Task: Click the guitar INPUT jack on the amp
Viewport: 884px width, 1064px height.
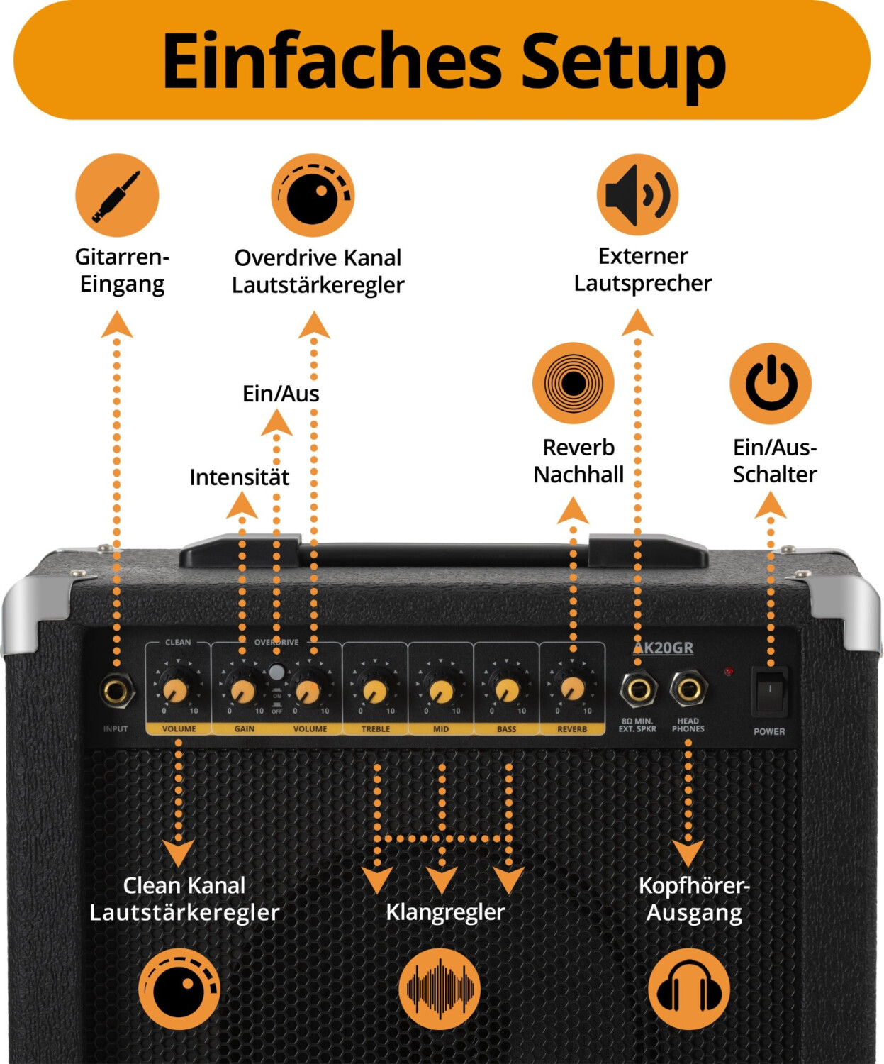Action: (117, 690)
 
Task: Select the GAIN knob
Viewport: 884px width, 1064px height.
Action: (243, 689)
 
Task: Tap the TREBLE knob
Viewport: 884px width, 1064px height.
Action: (375, 690)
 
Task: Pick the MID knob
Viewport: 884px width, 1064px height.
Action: (441, 690)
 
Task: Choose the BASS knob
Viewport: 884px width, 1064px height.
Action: (507, 689)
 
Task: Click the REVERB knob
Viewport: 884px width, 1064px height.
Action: (572, 688)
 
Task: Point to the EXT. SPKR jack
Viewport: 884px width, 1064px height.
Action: (638, 689)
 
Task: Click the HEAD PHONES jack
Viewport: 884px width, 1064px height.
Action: (688, 689)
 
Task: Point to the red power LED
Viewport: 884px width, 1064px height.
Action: (728, 671)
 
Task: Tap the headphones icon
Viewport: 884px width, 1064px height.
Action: (689, 989)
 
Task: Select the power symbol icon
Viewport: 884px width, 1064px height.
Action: (771, 383)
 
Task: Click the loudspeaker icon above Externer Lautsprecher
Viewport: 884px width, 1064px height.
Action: (637, 195)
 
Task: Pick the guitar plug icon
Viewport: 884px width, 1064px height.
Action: (117, 195)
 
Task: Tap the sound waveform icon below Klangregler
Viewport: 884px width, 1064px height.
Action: (440, 989)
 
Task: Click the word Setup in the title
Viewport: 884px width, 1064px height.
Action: (624, 61)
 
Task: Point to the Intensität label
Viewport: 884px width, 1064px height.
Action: (239, 477)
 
